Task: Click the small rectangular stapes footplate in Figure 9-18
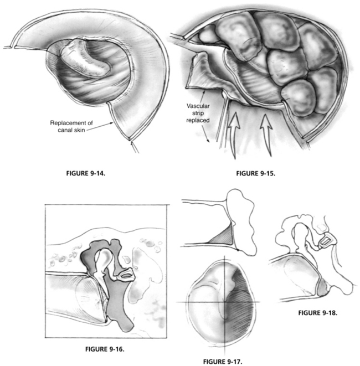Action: pyautogui.click(x=325, y=240)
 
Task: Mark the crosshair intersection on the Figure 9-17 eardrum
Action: pyautogui.click(x=225, y=301)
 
